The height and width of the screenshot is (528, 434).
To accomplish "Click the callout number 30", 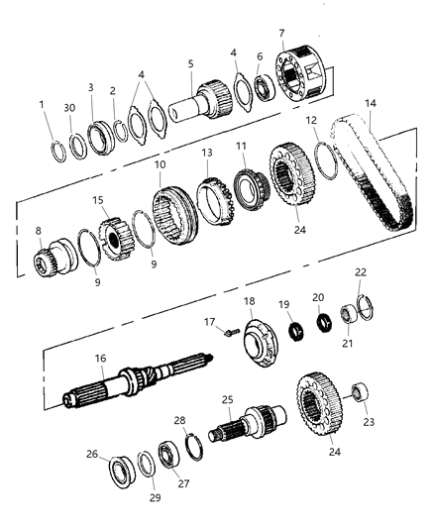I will (x=69, y=109).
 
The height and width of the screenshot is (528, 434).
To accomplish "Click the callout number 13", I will (x=207, y=154).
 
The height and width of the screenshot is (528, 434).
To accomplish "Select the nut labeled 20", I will (x=320, y=322).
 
